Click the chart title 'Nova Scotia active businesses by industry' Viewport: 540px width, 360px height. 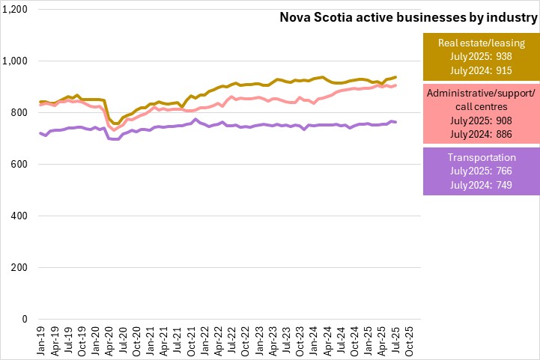[407, 16]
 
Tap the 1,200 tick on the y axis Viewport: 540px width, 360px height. [16, 10]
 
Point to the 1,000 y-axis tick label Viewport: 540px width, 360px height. [16, 61]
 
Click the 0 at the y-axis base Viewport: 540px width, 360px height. [25, 320]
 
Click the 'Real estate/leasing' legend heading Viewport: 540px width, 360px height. [480, 43]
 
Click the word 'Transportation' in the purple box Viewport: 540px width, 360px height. [480, 158]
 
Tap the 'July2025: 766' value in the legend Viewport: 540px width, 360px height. [480, 171]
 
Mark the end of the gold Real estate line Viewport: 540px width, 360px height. [395, 77]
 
